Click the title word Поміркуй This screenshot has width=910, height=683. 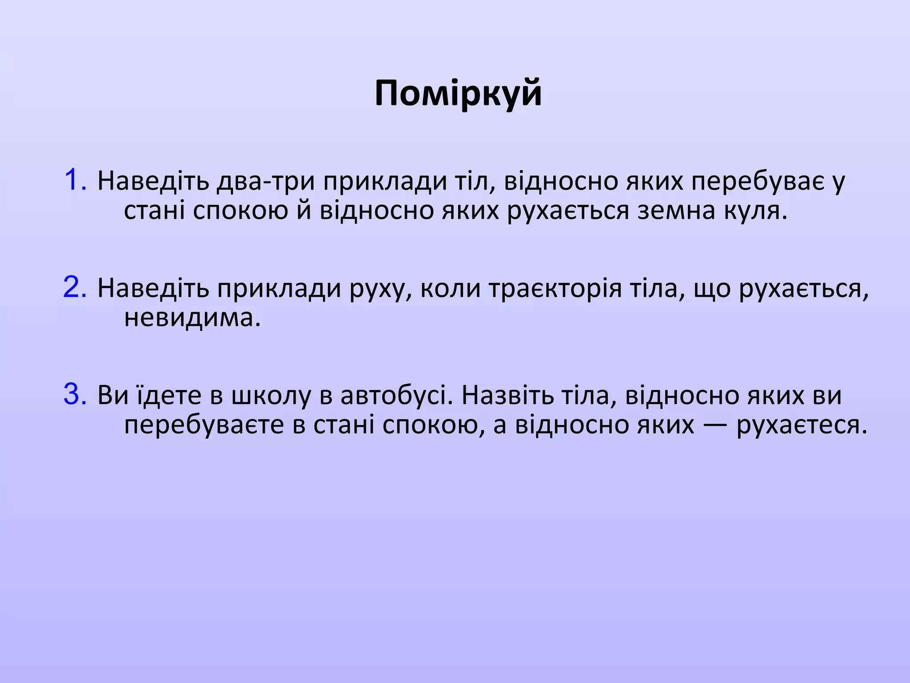point(458,93)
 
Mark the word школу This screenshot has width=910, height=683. point(271,395)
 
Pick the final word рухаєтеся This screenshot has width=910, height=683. point(802,425)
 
